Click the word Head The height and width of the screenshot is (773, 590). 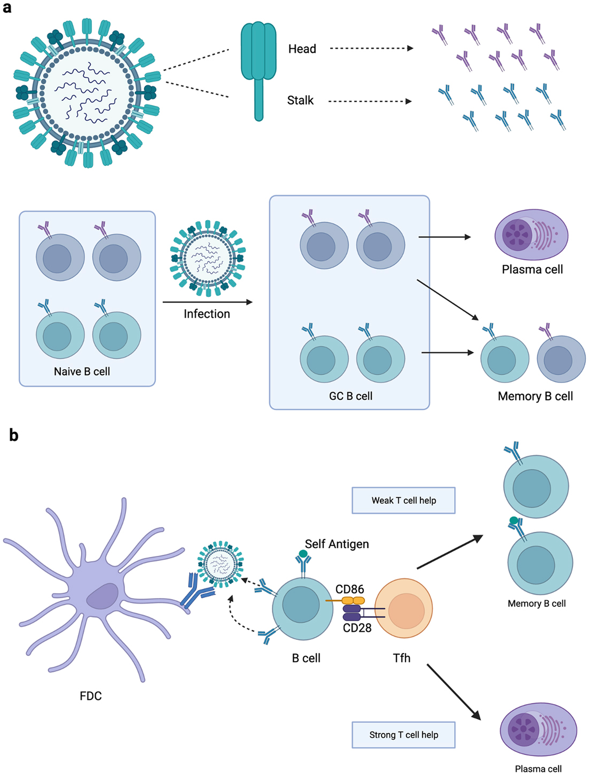tap(302, 49)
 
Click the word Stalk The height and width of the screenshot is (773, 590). tap(300, 101)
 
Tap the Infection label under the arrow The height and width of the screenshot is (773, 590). tap(207, 314)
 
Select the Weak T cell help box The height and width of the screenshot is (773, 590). tap(403, 500)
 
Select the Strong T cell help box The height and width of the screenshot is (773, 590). tap(403, 734)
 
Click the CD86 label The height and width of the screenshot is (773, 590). tap(349, 589)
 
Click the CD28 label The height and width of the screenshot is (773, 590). tap(357, 628)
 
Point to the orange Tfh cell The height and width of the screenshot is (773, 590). tap(404, 608)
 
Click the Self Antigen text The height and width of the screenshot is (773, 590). tap(337, 544)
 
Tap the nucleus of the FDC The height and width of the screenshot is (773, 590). tap(102, 596)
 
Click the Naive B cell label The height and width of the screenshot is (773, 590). tap(82, 371)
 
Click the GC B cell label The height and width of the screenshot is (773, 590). tap(350, 396)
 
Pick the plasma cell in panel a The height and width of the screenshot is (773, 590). tap(531, 235)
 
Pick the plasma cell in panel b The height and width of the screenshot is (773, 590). tap(538, 729)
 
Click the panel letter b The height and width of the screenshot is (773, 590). tap(14, 435)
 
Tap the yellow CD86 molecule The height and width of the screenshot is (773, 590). tap(353, 600)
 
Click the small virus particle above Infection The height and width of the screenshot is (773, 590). tap(208, 258)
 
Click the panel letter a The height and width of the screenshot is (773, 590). tap(7, 8)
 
